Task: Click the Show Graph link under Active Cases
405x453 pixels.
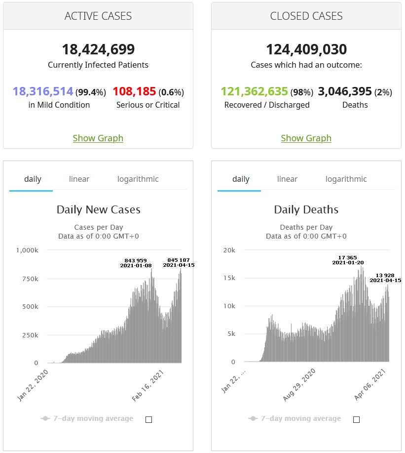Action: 98,138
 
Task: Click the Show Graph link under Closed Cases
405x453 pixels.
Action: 306,138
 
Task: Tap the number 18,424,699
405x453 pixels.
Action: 98,49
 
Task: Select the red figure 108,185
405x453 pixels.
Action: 134,91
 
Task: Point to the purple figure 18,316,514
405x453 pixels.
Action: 43,91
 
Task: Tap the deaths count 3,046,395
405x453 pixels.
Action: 345,91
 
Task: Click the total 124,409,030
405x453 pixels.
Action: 306,49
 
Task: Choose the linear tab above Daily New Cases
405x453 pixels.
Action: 79,179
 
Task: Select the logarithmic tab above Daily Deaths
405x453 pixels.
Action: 346,179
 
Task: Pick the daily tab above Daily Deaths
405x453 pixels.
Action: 241,179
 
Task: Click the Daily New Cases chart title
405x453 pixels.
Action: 98,209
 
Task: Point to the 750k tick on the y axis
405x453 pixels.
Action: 29,279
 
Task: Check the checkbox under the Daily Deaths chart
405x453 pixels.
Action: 357,419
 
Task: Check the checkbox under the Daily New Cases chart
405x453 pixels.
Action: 149,419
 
